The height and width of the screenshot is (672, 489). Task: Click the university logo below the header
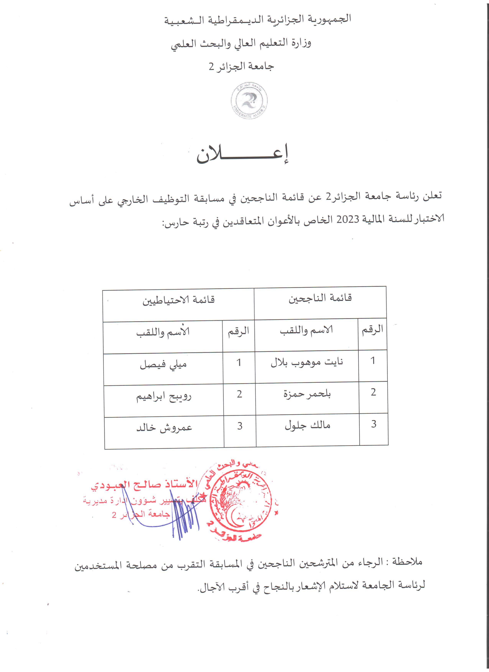point(249,101)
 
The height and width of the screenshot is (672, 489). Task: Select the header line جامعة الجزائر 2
point(241,66)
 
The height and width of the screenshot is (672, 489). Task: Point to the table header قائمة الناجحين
point(320,298)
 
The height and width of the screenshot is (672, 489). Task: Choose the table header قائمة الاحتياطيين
point(179,300)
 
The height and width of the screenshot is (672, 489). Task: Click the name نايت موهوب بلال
point(307,362)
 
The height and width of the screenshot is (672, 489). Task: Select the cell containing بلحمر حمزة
point(307,394)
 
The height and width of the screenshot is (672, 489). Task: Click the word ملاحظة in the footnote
point(407,561)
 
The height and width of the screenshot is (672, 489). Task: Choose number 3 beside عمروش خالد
point(240,426)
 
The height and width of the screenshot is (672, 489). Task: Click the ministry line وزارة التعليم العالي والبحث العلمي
point(241,43)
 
